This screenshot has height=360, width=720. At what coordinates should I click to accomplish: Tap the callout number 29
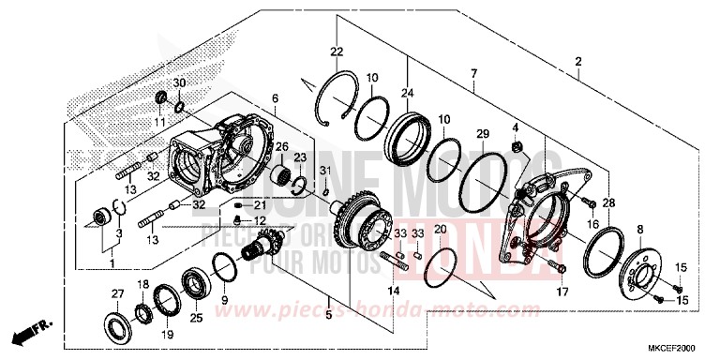[482, 136]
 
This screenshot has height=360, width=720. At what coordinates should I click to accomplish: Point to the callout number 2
[578, 63]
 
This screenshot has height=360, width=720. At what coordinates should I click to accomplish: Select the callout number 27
[118, 294]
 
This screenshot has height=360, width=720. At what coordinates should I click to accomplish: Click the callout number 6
[275, 98]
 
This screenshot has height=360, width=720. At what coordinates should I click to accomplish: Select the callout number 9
[224, 300]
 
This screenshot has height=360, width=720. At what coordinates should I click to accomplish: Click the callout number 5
[328, 317]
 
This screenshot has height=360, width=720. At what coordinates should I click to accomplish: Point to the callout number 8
[640, 228]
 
